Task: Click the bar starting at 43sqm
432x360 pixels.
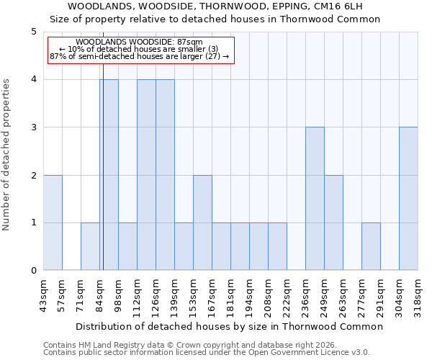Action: click(x=53, y=222)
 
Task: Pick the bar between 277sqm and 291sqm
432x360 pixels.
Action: click(x=371, y=246)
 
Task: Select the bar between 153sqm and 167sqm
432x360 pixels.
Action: click(x=202, y=222)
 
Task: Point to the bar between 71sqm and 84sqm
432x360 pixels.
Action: click(x=90, y=246)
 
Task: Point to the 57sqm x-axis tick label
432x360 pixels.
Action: click(x=63, y=294)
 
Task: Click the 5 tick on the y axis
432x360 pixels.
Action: click(x=33, y=32)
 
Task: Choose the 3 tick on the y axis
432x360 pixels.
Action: click(x=33, y=127)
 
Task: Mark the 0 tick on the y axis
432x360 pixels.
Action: click(x=33, y=271)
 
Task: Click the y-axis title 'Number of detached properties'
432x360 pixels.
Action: click(x=7, y=156)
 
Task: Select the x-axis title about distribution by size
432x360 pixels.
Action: click(x=230, y=326)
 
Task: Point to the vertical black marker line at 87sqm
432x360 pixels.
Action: click(x=103, y=180)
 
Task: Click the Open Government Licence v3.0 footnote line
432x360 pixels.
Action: click(x=207, y=352)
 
